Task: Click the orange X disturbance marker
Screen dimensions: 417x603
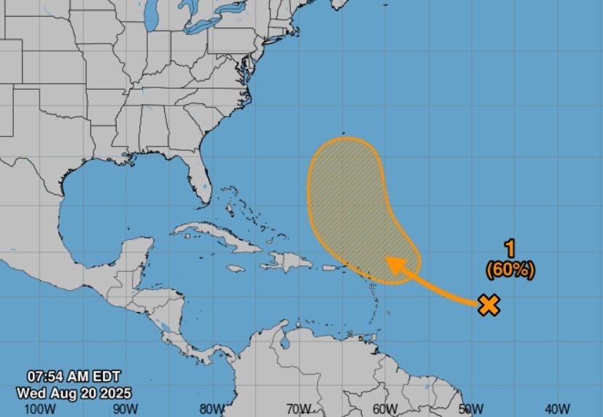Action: click(x=489, y=305)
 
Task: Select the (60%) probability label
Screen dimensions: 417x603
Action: click(x=510, y=269)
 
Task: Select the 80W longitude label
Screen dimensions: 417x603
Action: click(x=212, y=408)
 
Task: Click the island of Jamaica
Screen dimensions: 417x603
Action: click(x=235, y=268)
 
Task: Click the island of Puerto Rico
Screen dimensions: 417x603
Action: click(x=332, y=268)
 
